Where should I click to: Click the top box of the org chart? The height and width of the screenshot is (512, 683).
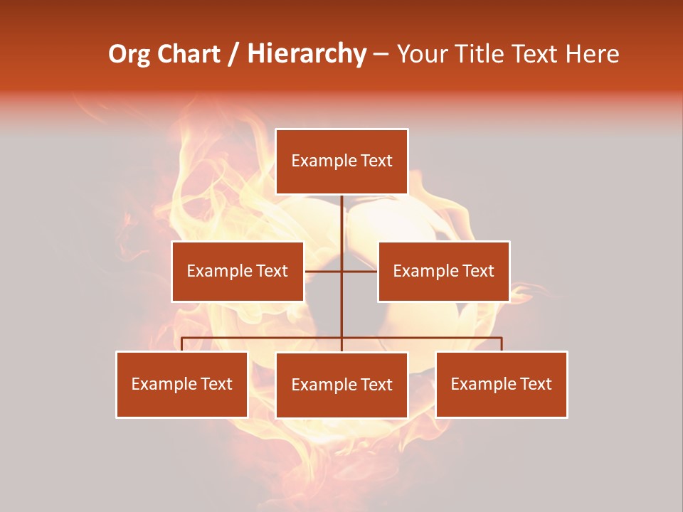pos(341,161)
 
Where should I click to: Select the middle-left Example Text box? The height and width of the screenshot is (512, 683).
pos(238,271)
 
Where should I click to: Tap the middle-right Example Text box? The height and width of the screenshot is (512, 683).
pos(443,271)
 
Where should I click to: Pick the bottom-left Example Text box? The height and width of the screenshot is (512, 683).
pos(181,384)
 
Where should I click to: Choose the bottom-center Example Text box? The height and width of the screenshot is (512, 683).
pos(341,385)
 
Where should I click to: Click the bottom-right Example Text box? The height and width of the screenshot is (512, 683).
pos(501,384)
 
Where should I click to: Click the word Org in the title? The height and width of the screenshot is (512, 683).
pos(129,55)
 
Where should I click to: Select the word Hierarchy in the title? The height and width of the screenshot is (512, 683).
pos(307,54)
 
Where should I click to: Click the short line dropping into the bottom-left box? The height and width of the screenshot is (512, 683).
pos(181,344)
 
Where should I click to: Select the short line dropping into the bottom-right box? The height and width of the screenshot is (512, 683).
pos(502,344)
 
